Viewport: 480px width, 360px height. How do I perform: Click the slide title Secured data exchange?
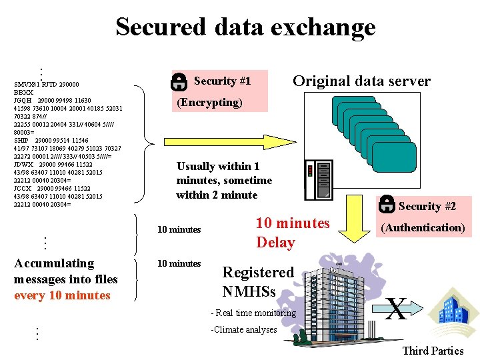pyautogui.click(x=245, y=27)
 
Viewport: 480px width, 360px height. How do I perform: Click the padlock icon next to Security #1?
pyautogui.click(x=179, y=81)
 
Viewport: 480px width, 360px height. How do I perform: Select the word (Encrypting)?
pyautogui.click(x=209, y=102)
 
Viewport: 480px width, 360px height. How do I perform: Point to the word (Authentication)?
pyautogui.click(x=422, y=227)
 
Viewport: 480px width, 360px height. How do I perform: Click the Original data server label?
pyautogui.click(x=362, y=81)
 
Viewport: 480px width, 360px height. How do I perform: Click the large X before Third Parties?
pyautogui.click(x=397, y=309)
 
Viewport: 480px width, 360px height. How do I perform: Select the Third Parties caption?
pyautogui.click(x=433, y=351)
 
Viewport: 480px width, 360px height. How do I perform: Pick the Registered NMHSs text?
pyautogui.click(x=258, y=281)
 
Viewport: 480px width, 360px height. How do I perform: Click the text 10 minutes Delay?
pyautogui.click(x=292, y=232)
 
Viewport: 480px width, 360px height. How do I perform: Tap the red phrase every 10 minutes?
pyautogui.click(x=62, y=295)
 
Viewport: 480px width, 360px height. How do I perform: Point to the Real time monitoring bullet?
pyautogui.click(x=253, y=313)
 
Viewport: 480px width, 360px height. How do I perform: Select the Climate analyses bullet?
pyautogui.click(x=244, y=329)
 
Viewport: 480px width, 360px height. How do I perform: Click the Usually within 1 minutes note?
pyautogui.click(x=224, y=181)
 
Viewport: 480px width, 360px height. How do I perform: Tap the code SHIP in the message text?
pyautogui.click(x=21, y=141)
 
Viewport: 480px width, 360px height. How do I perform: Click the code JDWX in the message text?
pyautogui.click(x=23, y=164)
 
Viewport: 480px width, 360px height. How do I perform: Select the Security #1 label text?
pyautogui.click(x=222, y=81)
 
